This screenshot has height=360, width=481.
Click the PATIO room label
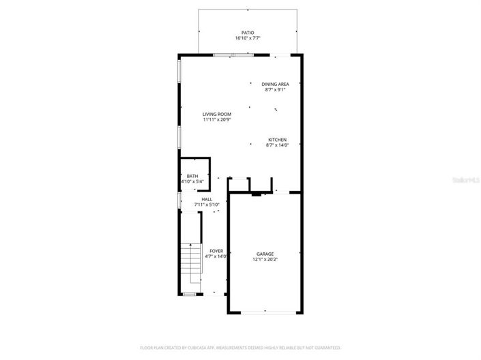(x=247, y=32)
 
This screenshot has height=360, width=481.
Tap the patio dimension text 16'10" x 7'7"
(x=247, y=38)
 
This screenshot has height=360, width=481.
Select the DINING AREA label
(x=275, y=84)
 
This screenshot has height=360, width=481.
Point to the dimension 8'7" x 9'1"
(x=275, y=89)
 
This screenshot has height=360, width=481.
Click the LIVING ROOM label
(x=217, y=114)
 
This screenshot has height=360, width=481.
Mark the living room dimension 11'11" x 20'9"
(x=217, y=119)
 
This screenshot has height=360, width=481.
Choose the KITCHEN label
(x=277, y=139)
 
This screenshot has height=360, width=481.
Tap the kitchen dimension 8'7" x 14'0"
(x=277, y=145)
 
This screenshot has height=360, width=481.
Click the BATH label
(x=192, y=176)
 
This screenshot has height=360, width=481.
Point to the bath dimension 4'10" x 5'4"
(x=192, y=181)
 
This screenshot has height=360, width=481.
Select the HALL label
(x=206, y=199)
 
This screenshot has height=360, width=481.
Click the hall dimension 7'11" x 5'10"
(x=206, y=205)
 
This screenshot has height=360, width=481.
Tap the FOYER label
(x=216, y=250)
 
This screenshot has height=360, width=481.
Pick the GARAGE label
(x=265, y=254)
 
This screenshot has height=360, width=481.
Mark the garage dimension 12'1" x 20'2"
(x=265, y=259)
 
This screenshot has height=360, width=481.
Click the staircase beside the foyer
(x=191, y=267)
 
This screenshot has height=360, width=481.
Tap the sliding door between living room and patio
(x=229, y=55)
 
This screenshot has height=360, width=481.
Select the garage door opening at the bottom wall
(x=265, y=312)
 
